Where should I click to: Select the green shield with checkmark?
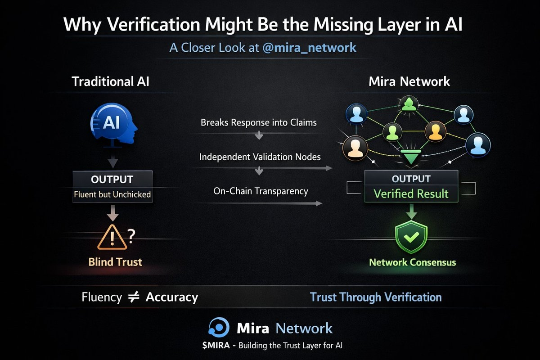tap(411, 235)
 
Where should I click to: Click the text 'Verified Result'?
tap(411, 194)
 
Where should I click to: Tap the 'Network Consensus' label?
tap(412, 262)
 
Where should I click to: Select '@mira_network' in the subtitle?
tap(310, 47)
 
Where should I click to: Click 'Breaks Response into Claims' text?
tap(259, 122)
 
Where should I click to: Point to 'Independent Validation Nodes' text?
tap(260, 157)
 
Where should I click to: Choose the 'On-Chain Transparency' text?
tap(261, 191)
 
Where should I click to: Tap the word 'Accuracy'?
tap(172, 297)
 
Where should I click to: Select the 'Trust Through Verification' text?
tap(376, 297)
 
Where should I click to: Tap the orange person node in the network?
tap(435, 131)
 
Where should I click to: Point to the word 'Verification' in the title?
tap(145, 25)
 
